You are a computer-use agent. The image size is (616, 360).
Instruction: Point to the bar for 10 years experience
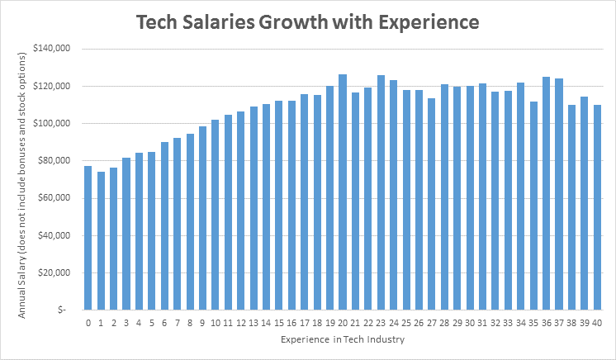215,215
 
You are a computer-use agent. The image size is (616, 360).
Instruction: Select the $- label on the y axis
65,310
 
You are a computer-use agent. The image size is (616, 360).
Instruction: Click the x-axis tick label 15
279,323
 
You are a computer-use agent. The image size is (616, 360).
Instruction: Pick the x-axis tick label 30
470,323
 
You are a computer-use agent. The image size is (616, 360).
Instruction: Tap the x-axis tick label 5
151,323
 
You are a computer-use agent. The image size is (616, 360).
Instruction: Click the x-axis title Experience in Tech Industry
341,339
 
